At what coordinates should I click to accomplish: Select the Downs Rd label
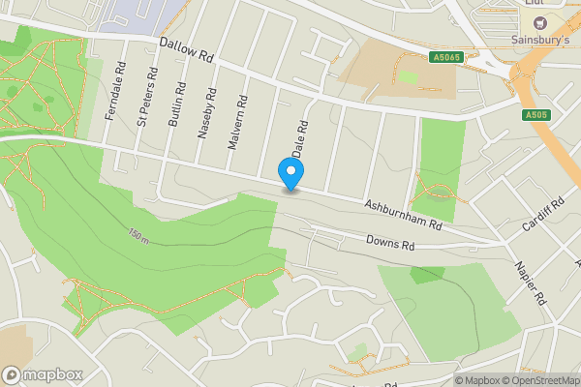click(390, 242)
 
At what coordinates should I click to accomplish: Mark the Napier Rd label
click(533, 282)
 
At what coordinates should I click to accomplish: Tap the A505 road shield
click(535, 115)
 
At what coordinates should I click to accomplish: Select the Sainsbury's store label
click(539, 41)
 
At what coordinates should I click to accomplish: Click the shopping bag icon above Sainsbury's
click(539, 21)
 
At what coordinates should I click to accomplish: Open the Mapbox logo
click(43, 374)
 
